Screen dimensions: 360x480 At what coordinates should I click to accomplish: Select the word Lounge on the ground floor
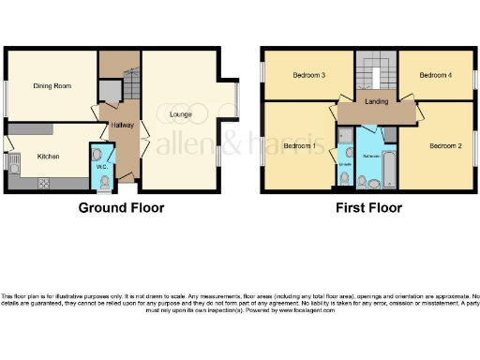182,115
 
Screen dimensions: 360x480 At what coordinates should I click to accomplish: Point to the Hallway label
121,124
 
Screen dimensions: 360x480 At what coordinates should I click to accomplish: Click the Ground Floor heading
121,208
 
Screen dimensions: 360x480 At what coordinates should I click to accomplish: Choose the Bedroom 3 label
308,75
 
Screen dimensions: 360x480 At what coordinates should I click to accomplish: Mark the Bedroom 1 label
299,146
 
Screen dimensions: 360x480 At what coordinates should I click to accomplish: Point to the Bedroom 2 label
446,146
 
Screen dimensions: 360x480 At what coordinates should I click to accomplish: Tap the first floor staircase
376,75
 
